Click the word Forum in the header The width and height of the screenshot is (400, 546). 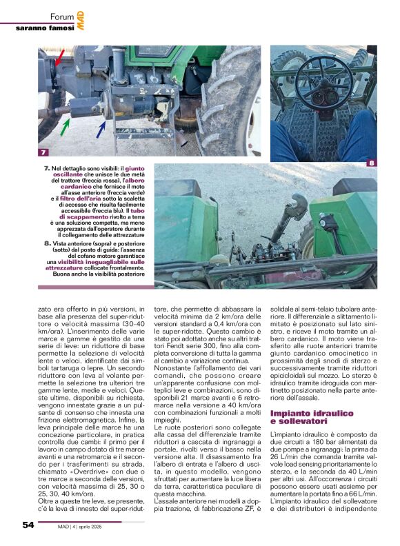[x=62, y=17]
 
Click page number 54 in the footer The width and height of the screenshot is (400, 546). [x=28, y=525]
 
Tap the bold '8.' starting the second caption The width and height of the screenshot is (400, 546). [x=47, y=243]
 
